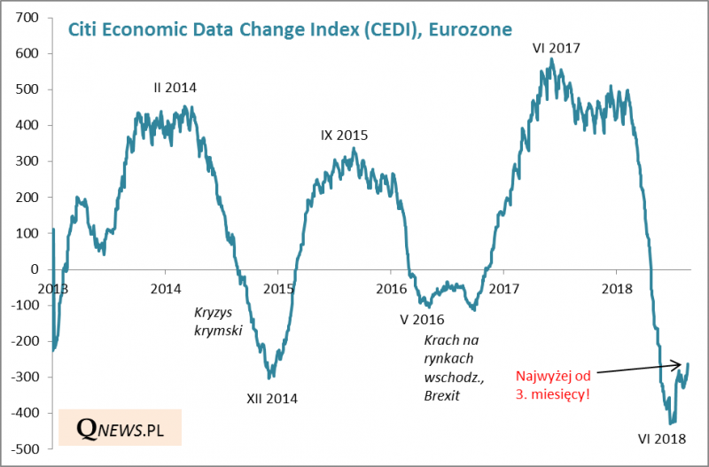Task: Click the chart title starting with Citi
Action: click(291, 29)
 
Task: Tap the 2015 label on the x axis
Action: click(279, 289)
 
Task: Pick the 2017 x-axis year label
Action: click(503, 289)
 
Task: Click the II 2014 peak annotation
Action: click(175, 88)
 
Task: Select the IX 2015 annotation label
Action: click(344, 136)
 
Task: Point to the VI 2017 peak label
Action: click(556, 48)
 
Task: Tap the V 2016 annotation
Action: click(421, 319)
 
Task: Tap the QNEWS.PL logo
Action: click(121, 428)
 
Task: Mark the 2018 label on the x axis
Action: click(615, 289)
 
